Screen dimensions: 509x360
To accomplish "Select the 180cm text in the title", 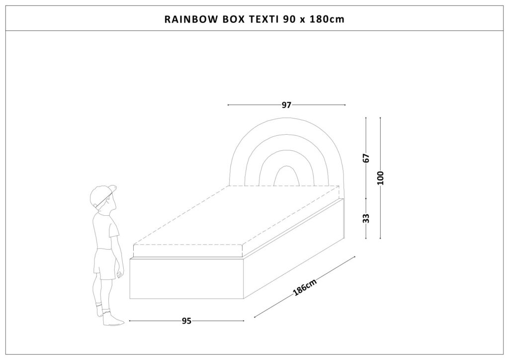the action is coord(327,19).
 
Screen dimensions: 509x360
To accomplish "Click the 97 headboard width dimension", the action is coord(286,105).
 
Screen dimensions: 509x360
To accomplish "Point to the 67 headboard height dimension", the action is coord(366,159).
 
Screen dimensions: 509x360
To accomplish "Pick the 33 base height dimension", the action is coord(366,218).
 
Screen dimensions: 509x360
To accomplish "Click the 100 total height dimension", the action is coord(380,178).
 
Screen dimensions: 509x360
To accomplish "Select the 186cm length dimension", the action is coord(305,287).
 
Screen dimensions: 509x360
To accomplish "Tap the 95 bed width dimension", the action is coord(186,321).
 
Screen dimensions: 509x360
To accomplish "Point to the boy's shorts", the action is coord(104,264).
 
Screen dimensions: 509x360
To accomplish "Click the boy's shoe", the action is coord(112,320).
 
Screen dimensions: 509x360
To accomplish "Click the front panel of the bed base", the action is coord(187,278).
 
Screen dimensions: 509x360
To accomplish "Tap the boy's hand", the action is coord(120,274).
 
